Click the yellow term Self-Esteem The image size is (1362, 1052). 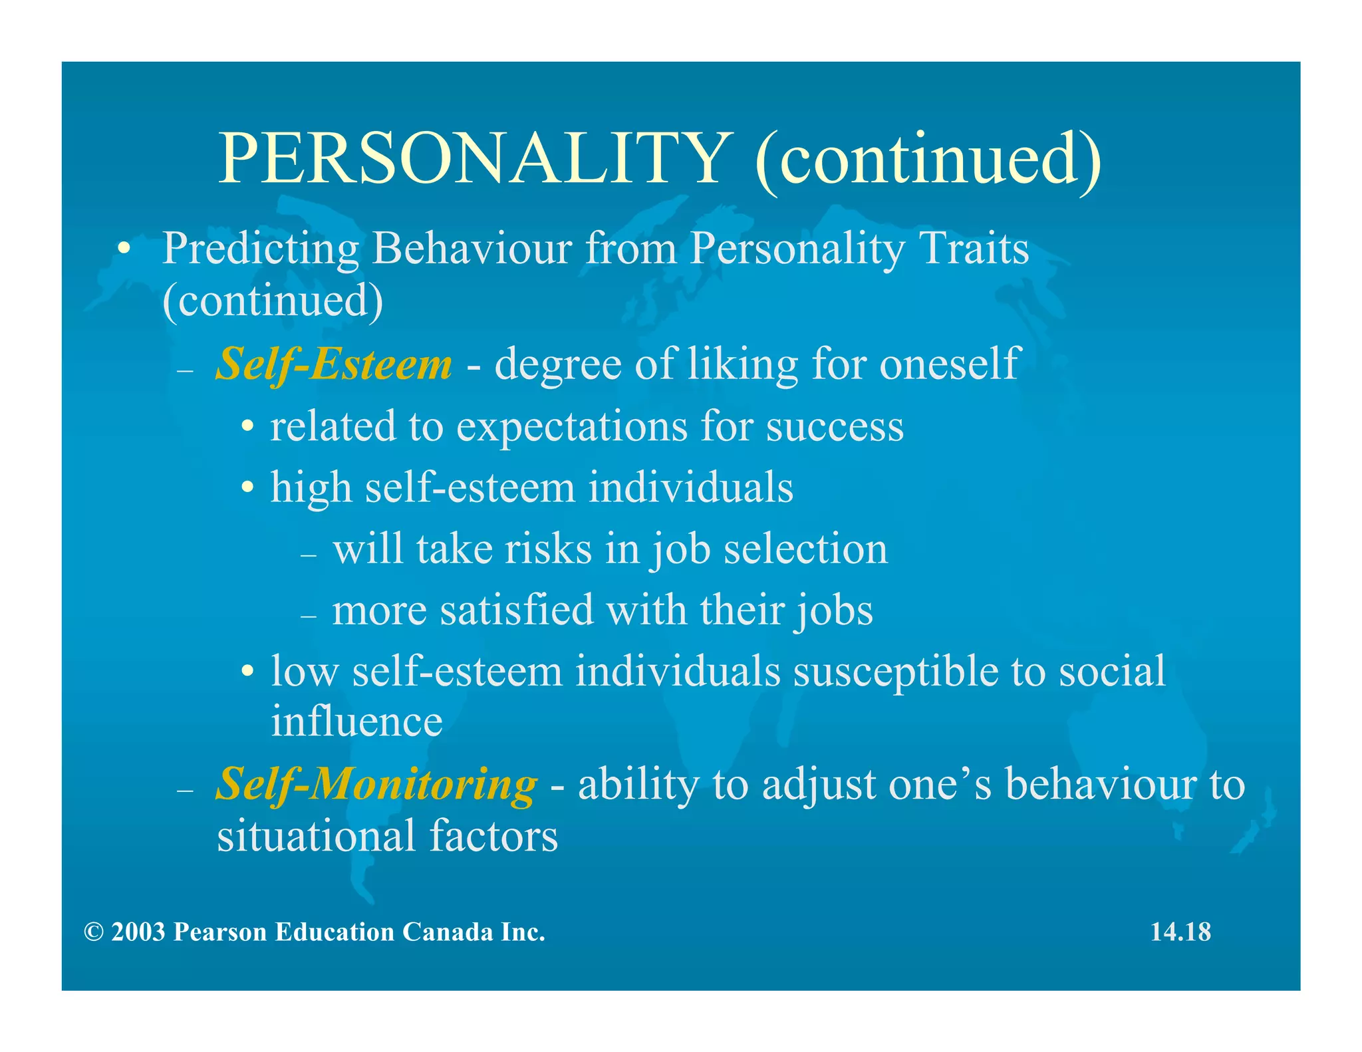tap(334, 364)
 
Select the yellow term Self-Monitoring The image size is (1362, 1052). tap(376, 785)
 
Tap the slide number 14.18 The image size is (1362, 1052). tap(1180, 932)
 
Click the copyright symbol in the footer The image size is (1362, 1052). tap(94, 932)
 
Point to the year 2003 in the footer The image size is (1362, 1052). tap(138, 932)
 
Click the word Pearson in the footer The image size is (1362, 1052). tap(220, 932)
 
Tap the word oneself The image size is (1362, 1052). tap(949, 364)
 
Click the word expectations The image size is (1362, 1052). tap(571, 426)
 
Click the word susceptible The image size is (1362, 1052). tap(895, 672)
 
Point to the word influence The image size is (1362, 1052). tap(356, 722)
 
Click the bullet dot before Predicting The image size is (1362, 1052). tap(123, 250)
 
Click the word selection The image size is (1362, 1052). tap(805, 550)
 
